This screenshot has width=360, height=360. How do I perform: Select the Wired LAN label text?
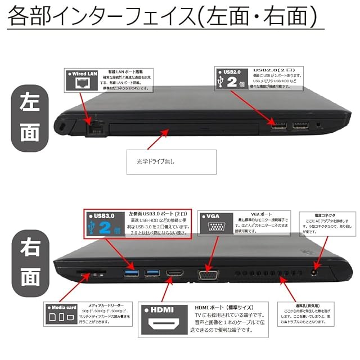82,74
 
